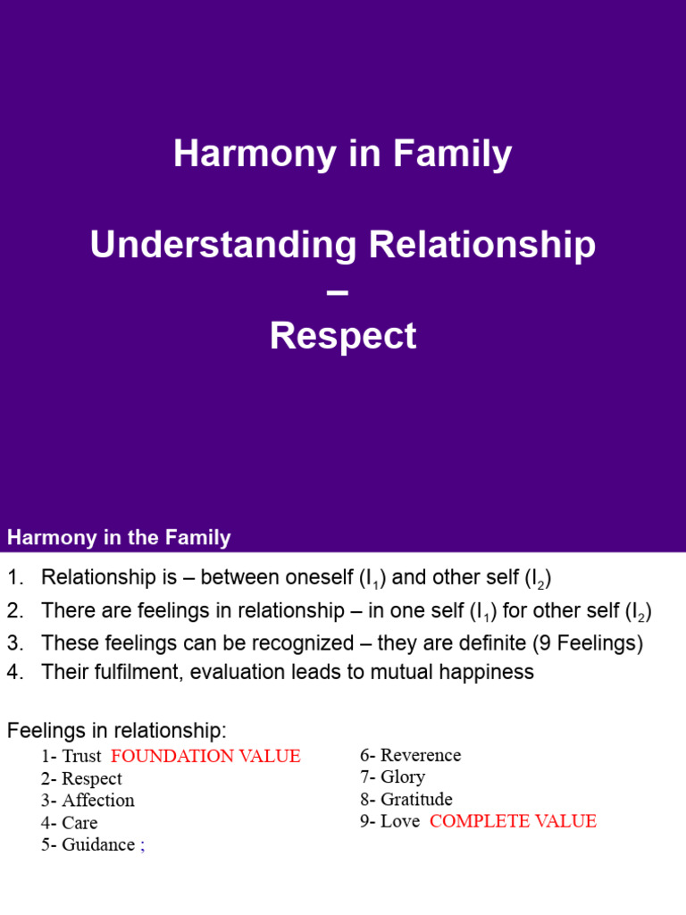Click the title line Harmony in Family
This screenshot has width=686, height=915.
tap(343, 154)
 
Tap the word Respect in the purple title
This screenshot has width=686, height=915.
tap(343, 336)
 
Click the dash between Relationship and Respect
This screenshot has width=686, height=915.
tap(343, 290)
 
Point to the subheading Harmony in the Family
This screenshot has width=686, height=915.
tap(119, 538)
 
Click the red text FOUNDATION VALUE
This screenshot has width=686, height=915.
tap(205, 756)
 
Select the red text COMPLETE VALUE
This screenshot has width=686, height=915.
tap(513, 822)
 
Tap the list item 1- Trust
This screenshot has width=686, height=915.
tap(71, 756)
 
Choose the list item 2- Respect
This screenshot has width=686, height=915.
tap(81, 778)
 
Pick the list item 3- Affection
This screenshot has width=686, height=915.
tap(88, 801)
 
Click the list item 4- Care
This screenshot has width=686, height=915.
tap(69, 823)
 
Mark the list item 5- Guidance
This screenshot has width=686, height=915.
tap(88, 845)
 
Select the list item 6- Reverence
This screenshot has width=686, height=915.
tap(411, 755)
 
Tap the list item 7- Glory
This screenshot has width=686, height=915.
tap(393, 777)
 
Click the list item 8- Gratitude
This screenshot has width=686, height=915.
tap(406, 800)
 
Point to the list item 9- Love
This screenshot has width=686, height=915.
tap(390, 822)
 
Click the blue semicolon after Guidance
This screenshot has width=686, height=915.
tap(142, 846)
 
